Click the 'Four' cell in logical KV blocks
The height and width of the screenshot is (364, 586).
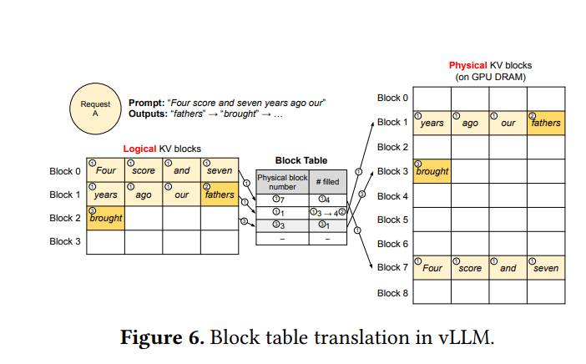coord(106,170)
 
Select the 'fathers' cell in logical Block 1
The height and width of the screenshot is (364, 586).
coord(220,194)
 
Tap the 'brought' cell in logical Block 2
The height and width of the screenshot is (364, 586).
coord(106,218)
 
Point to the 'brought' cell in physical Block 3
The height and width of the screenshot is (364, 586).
coord(432,171)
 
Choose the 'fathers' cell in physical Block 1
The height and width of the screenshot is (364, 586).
coord(546,123)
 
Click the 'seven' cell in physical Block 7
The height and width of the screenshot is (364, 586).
coord(546,268)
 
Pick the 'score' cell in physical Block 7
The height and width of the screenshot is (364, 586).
coord(470,268)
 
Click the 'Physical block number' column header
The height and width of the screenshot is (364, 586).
coord(282,182)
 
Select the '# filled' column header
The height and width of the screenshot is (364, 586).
coord(328,182)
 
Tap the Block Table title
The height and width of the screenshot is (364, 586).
coord(301,160)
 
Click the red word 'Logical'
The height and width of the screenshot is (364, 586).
coord(139,149)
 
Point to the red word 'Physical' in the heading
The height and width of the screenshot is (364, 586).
coord(468,65)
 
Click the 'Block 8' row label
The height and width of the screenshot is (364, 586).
coord(392,293)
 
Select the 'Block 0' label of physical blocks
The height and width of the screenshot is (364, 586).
coord(392,98)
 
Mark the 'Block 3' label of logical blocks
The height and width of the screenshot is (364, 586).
coord(65,241)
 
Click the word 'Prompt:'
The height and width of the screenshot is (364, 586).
coord(147,103)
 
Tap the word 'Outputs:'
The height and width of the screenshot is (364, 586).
coord(148,114)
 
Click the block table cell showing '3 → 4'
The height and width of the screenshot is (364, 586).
coord(328,213)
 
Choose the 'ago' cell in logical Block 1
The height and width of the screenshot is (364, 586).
coord(144,194)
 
